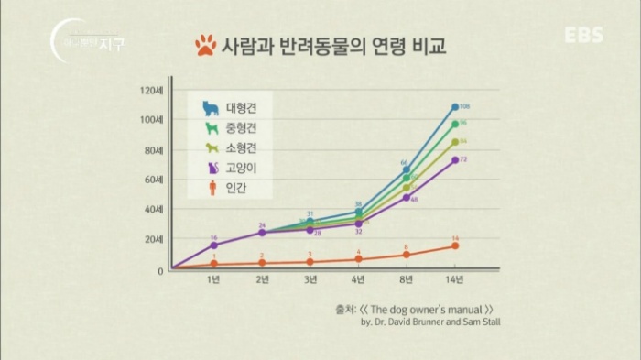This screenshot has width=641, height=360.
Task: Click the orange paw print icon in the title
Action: (206, 45)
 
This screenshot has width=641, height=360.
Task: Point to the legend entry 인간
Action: (229, 190)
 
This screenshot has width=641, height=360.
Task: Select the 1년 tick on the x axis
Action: (213, 278)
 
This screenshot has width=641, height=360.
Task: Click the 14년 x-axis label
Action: (455, 278)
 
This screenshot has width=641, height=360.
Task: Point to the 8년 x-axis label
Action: (407, 278)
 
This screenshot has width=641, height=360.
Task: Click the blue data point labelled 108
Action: (455, 107)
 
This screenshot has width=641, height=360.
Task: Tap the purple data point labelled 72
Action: (455, 159)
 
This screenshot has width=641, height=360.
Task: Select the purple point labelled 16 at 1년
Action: (213, 245)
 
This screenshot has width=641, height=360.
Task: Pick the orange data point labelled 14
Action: (455, 245)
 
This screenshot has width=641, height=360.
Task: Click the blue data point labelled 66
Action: (407, 169)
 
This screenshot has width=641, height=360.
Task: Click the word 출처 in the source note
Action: (347, 309)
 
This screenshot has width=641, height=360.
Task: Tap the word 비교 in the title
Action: (428, 44)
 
